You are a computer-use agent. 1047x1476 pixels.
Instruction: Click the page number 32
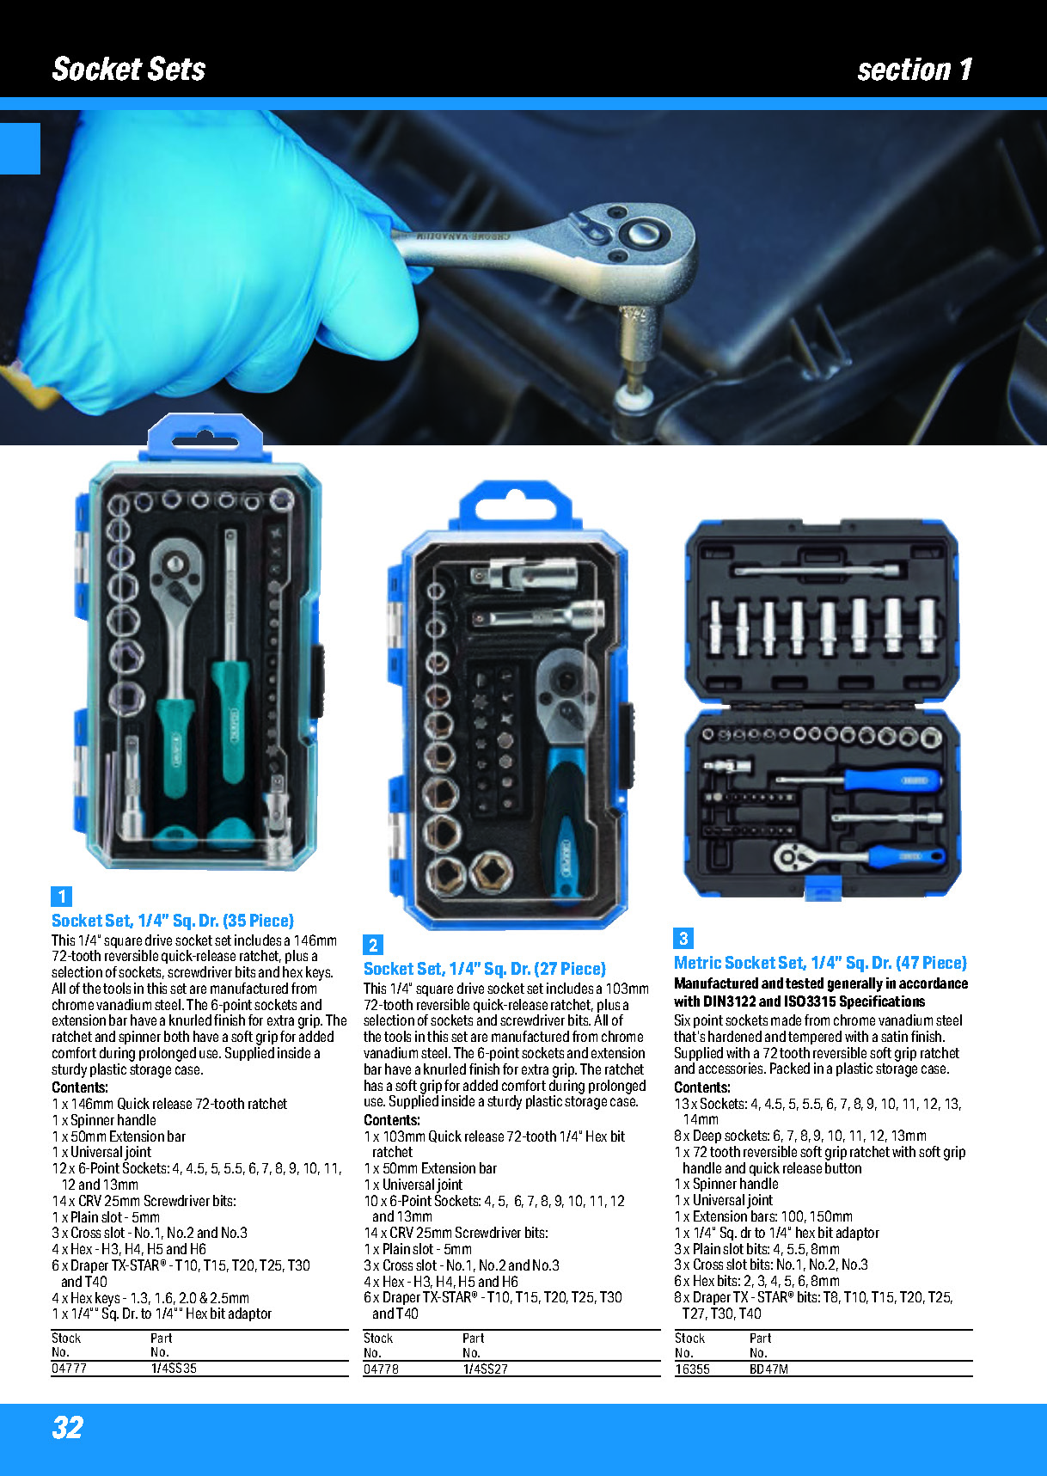[68, 1427]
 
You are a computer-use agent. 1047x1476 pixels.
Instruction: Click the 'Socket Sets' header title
[129, 69]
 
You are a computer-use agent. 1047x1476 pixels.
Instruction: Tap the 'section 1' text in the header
[915, 69]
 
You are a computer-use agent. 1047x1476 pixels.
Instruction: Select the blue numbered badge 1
[61, 897]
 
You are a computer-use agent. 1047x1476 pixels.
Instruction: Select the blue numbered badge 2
[373, 945]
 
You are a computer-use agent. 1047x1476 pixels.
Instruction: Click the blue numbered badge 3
[683, 938]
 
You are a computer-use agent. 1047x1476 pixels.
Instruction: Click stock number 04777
[69, 1368]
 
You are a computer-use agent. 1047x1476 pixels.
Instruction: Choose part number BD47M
[768, 1369]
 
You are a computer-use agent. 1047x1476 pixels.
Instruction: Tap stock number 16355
[692, 1369]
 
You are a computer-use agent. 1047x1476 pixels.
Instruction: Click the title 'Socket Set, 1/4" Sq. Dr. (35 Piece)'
[173, 921]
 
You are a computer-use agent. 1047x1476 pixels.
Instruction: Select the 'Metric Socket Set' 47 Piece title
[820, 963]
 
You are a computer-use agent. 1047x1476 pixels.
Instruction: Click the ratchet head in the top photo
[641, 248]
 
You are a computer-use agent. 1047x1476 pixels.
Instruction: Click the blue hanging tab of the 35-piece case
[205, 437]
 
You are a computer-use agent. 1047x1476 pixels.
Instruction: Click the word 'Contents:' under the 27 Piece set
[392, 1120]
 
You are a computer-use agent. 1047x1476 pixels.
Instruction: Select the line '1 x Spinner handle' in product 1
[104, 1120]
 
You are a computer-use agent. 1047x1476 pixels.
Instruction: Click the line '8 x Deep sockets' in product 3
[800, 1136]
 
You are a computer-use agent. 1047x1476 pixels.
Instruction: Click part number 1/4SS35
[174, 1368]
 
